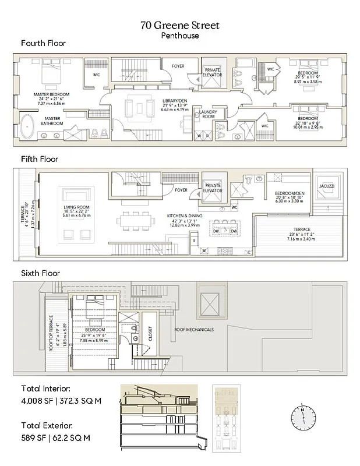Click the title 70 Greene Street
179,26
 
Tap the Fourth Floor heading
43,43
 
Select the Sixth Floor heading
40,273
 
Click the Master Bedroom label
52,94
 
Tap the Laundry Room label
208,114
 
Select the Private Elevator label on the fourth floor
212,72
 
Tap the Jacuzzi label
326,186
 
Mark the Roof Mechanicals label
194,330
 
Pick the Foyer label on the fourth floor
178,66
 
